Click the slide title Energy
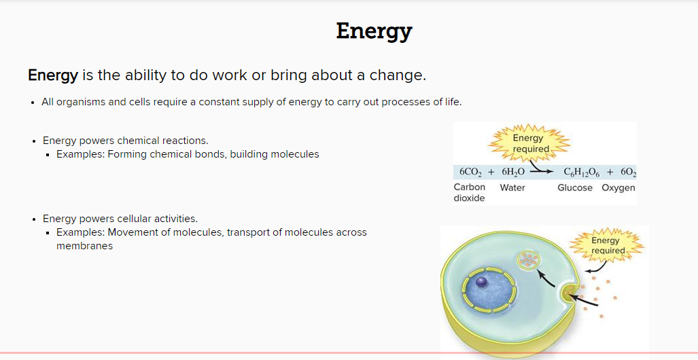374,32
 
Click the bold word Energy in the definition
53,75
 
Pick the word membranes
84,246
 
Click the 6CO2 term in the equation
470,173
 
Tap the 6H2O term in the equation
513,173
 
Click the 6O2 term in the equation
628,173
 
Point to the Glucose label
575,187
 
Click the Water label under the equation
512,187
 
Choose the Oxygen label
618,187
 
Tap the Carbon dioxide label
469,193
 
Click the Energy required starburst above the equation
529,143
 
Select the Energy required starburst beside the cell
608,245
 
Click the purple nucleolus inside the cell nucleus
482,282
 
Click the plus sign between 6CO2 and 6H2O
491,173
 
